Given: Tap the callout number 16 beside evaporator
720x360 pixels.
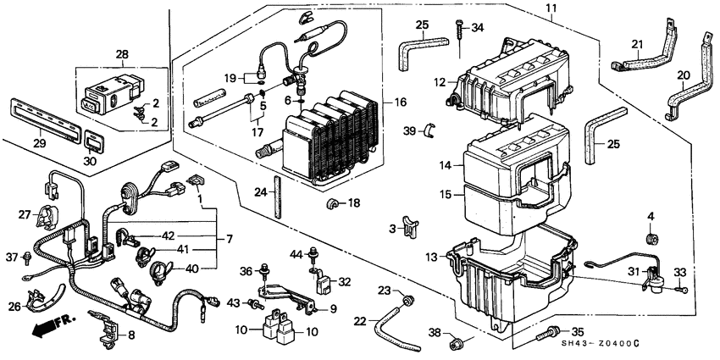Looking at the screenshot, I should [400, 102].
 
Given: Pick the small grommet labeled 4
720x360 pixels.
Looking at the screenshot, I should [651, 241].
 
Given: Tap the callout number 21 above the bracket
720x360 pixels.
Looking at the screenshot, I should [637, 44].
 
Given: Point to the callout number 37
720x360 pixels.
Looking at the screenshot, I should [12, 256].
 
